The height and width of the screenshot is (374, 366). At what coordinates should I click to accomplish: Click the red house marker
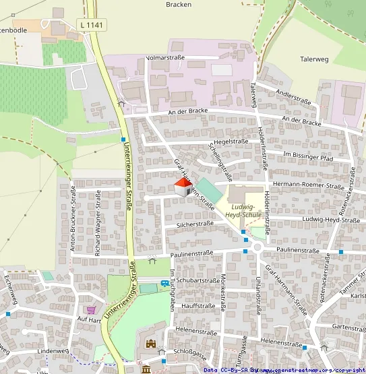183,187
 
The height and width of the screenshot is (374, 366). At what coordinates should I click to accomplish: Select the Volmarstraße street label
166,59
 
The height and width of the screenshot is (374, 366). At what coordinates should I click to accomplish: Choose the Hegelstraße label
231,142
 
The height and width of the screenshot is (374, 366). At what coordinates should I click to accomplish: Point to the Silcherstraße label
194,223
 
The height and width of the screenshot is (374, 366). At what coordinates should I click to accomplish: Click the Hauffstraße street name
198,305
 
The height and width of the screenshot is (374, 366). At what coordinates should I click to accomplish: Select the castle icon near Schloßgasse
152,344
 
